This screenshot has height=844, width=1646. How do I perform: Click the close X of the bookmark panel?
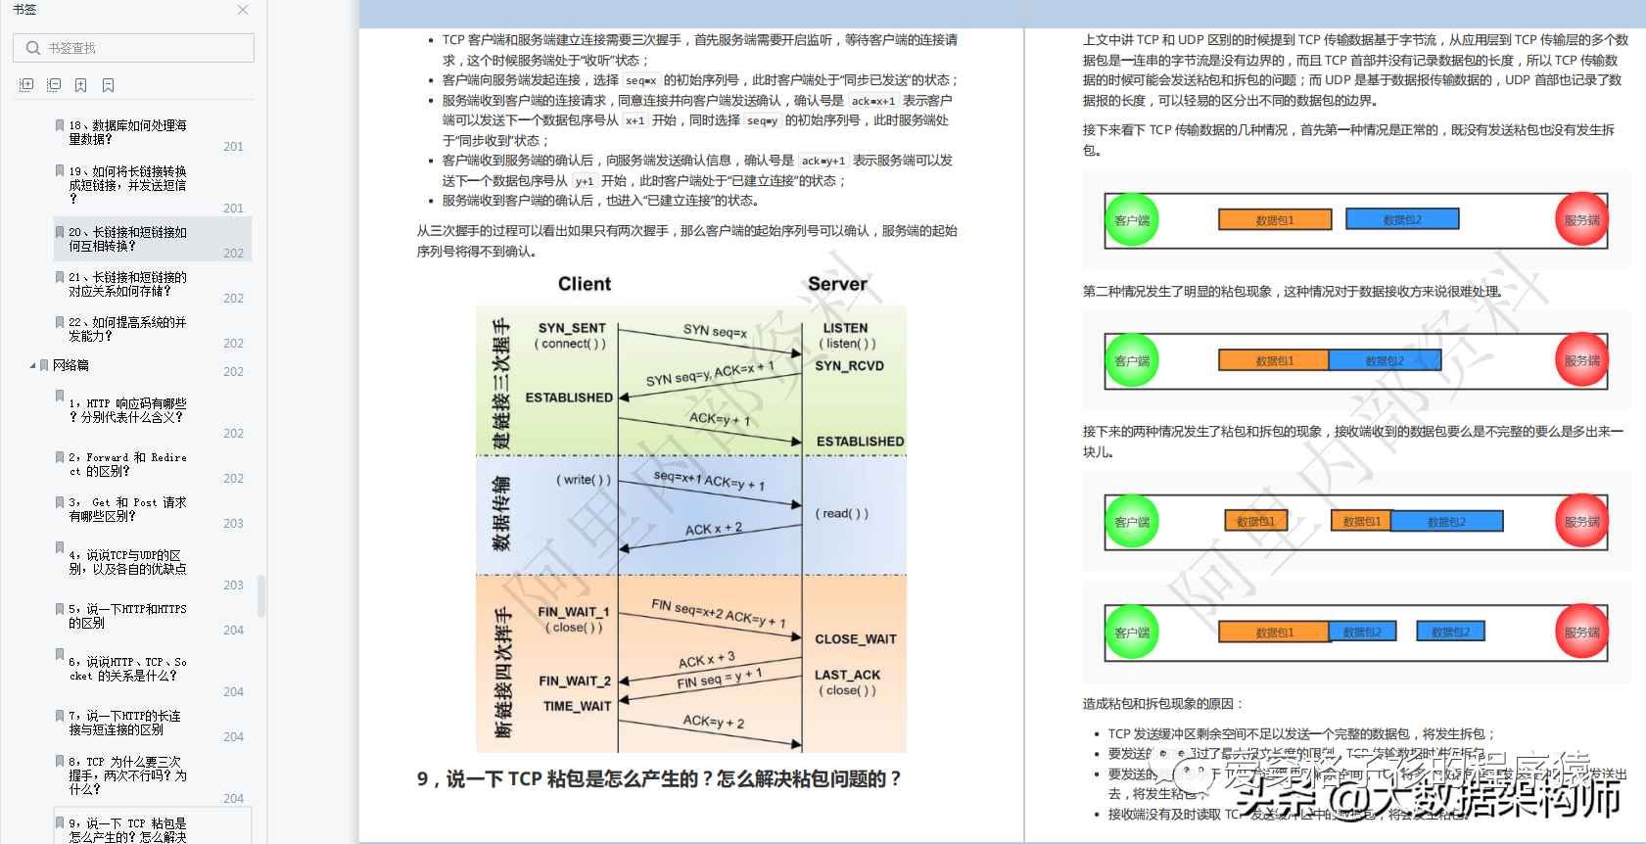click(243, 10)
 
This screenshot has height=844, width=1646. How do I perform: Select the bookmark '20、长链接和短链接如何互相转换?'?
click(127, 239)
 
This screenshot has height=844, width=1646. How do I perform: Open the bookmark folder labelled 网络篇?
click(71, 365)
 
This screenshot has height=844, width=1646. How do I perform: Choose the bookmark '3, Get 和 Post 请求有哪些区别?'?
click(127, 509)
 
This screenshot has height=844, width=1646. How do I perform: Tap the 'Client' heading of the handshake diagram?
click(585, 284)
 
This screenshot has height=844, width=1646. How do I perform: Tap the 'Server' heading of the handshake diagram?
click(837, 284)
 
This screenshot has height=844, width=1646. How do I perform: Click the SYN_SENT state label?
click(572, 328)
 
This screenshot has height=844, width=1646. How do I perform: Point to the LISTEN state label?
click(845, 328)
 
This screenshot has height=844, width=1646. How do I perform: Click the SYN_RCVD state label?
click(849, 366)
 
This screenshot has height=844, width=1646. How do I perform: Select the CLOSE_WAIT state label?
click(855, 639)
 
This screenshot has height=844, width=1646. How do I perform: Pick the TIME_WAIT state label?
click(577, 706)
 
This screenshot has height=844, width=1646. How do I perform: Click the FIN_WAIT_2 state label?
click(574, 681)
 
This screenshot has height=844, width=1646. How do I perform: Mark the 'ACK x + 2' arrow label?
click(713, 529)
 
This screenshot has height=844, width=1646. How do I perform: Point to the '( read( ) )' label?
click(842, 513)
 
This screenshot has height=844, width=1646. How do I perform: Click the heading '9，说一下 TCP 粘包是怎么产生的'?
click(658, 779)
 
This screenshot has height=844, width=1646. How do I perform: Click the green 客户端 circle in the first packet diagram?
click(1132, 220)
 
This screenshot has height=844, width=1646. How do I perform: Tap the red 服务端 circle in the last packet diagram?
click(1581, 633)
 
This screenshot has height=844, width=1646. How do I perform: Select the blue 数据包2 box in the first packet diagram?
click(1402, 219)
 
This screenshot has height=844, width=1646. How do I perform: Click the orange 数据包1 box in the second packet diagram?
click(1274, 360)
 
